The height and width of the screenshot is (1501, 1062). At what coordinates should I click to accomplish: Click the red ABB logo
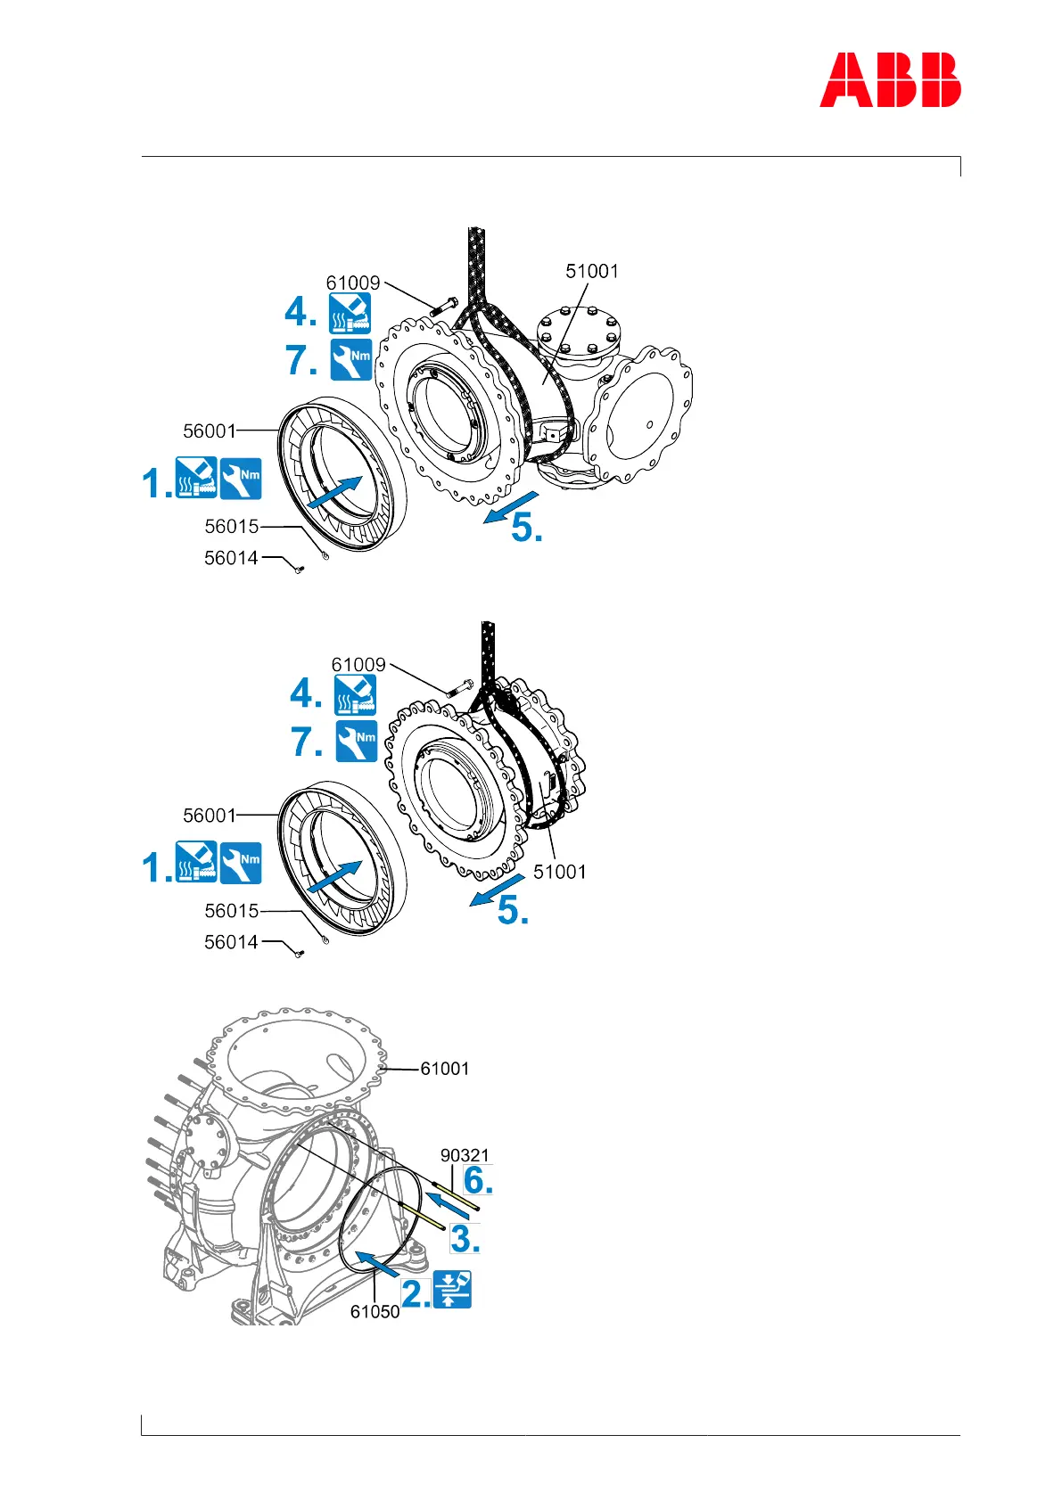(890, 80)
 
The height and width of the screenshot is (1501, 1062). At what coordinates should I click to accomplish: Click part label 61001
(444, 1068)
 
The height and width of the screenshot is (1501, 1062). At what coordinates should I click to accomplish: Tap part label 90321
(465, 1155)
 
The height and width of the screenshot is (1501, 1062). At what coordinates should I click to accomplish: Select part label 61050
(375, 1312)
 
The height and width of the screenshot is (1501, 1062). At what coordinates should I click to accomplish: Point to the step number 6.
(478, 1180)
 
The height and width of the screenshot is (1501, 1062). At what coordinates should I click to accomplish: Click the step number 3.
(465, 1239)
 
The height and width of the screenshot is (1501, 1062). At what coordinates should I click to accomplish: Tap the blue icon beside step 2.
(451, 1290)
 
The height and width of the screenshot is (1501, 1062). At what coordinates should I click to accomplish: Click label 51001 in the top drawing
(592, 271)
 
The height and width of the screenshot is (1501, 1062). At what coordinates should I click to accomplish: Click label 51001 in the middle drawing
(560, 872)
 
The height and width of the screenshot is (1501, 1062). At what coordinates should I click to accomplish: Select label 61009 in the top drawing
(353, 283)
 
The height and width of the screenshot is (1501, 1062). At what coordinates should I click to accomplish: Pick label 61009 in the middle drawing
(358, 665)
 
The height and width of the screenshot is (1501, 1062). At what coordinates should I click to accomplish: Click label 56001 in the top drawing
(210, 431)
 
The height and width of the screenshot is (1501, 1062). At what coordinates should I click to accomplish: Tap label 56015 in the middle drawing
(232, 911)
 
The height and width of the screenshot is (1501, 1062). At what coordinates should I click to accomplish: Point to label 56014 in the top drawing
(231, 558)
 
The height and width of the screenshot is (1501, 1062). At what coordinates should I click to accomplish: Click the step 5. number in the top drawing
(527, 528)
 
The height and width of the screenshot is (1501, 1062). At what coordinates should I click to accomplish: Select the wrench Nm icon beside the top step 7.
(351, 359)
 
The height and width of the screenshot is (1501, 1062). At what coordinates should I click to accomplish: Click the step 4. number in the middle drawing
(306, 693)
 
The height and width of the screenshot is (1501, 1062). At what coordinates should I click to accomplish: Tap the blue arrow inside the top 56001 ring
(334, 492)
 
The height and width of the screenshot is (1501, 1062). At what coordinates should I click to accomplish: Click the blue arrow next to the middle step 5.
(497, 890)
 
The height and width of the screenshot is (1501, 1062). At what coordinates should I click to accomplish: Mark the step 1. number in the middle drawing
(157, 867)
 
